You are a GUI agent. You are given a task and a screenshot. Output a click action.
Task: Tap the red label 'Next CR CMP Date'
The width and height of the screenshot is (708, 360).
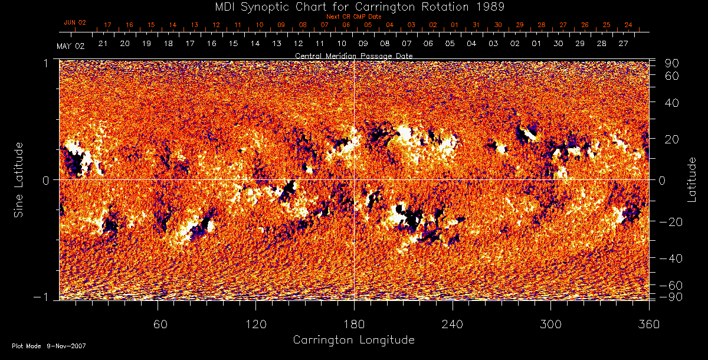tap(353, 17)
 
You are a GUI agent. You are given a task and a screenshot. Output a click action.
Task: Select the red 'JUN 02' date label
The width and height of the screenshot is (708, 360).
tap(75, 22)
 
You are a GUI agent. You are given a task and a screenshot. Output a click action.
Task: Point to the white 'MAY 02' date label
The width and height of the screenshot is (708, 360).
tap(71, 46)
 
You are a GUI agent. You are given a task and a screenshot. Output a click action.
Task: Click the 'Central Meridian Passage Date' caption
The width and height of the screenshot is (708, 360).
tap(353, 55)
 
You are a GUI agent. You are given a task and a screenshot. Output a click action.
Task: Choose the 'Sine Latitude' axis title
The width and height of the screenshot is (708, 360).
tap(19, 179)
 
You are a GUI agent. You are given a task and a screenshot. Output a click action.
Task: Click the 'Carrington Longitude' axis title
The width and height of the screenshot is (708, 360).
tap(353, 340)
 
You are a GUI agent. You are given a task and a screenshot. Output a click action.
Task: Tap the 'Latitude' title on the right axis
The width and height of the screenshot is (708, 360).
tap(691, 179)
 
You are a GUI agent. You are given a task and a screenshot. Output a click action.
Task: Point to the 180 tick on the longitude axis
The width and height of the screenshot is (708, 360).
tap(354, 324)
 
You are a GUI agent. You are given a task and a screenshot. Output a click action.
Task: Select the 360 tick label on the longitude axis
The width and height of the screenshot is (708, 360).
tap(649, 324)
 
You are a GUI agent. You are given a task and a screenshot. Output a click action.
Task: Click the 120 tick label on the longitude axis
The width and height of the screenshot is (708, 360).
tap(255, 324)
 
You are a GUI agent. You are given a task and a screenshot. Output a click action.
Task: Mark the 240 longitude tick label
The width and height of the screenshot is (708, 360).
tap(453, 324)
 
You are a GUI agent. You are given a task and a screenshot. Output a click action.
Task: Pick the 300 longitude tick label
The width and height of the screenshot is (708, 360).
tap(550, 324)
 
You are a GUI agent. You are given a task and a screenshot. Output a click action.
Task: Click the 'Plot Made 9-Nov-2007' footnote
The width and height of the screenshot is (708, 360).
tap(49, 346)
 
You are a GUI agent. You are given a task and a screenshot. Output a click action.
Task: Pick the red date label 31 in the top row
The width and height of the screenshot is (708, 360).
tap(476, 25)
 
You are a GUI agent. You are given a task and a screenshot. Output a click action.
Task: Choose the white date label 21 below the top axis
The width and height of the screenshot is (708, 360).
tap(103, 44)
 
